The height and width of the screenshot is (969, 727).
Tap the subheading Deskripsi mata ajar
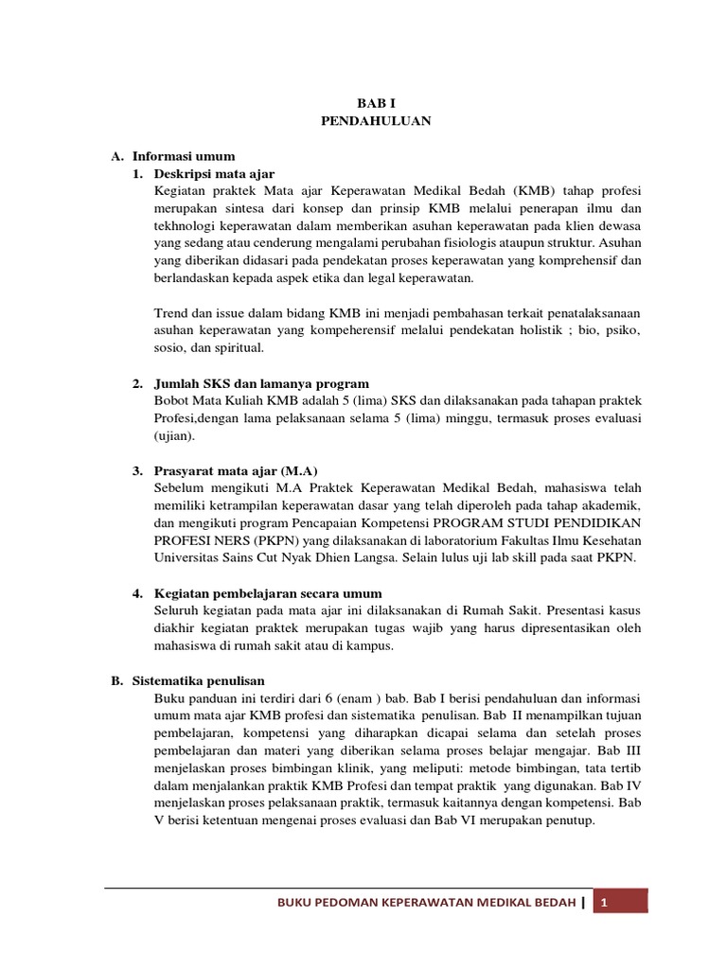point(216,173)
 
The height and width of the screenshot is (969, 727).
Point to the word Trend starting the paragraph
point(170,313)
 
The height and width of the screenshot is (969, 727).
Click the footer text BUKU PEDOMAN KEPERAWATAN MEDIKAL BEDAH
point(425,903)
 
